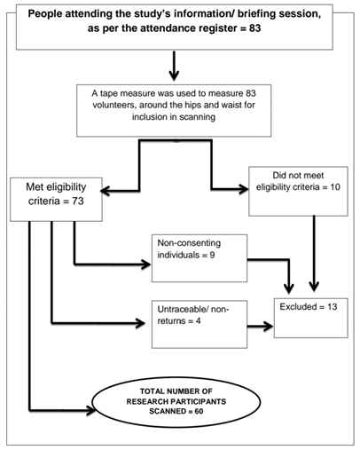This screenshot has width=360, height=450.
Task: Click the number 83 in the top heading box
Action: point(254,28)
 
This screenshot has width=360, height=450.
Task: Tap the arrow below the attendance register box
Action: point(174,66)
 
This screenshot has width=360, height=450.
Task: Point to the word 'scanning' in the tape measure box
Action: point(197,117)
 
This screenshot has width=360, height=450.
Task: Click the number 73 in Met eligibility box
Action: point(78,201)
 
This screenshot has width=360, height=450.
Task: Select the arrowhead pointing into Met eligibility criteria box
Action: point(106,191)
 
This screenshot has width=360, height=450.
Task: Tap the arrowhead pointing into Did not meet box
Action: point(243,189)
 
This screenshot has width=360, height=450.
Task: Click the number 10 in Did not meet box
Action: point(335,187)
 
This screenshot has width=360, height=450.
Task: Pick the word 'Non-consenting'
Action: point(189,243)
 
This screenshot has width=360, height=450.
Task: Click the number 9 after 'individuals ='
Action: point(212,255)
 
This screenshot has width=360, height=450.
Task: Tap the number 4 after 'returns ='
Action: point(198,321)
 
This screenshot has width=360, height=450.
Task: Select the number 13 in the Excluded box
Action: point(333,307)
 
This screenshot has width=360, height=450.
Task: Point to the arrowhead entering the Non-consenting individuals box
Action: point(145,264)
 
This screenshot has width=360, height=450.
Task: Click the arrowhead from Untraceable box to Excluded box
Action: point(269,327)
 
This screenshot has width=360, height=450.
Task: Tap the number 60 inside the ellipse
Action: point(199,411)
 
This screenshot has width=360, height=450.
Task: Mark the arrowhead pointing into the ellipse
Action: point(90,410)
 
